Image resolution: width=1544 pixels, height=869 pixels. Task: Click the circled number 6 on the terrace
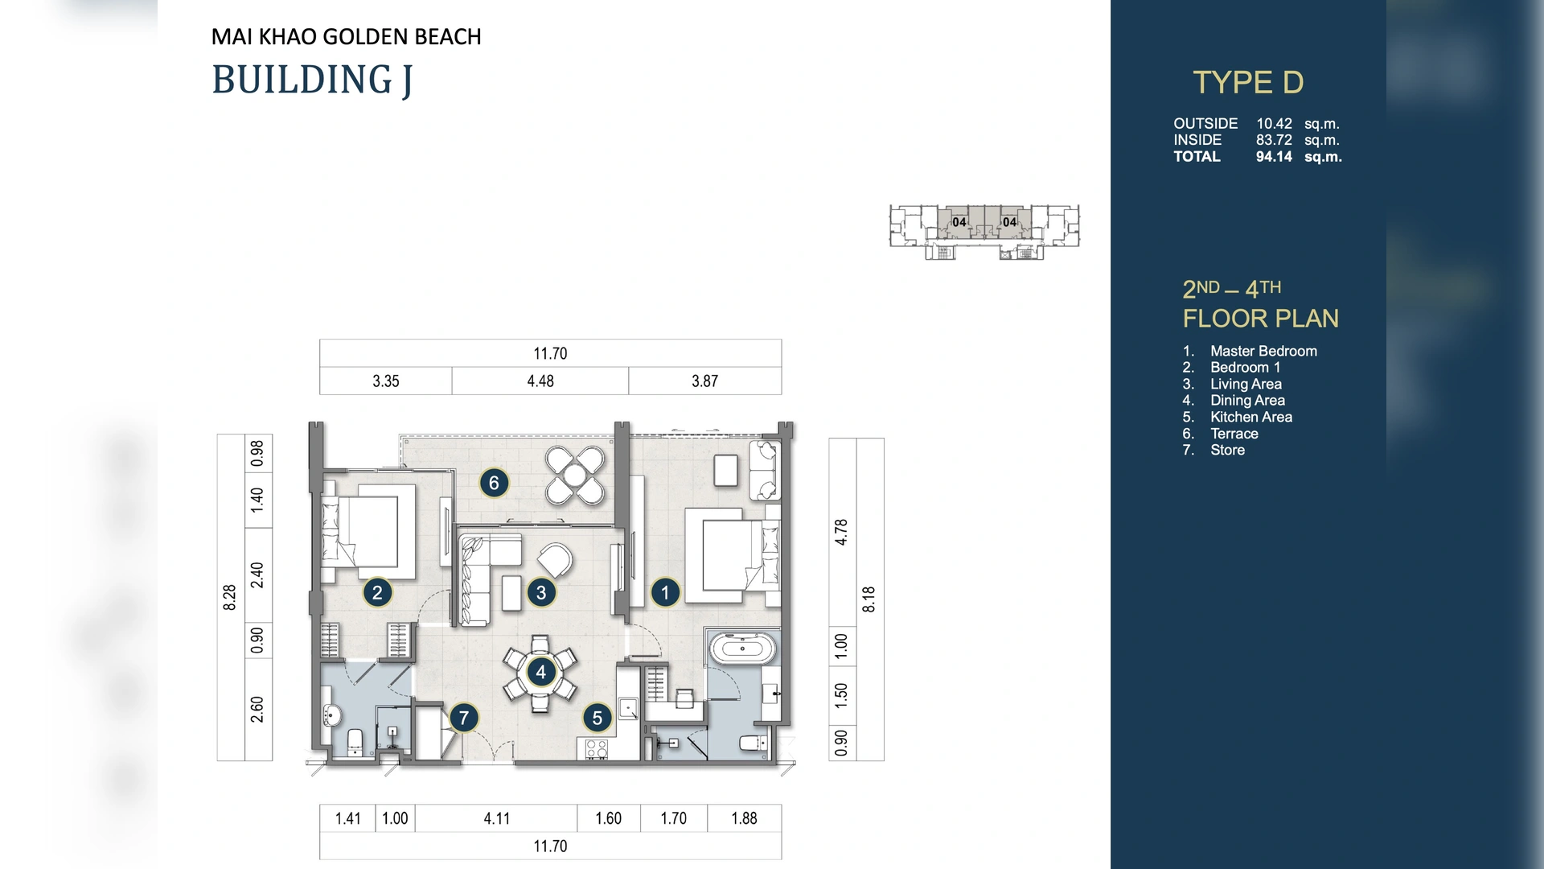[x=494, y=483]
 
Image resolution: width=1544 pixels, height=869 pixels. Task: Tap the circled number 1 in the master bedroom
[x=664, y=593]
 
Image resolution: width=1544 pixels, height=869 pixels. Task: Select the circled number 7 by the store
[x=463, y=718]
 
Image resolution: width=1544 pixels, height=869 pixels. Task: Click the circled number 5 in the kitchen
[x=597, y=719]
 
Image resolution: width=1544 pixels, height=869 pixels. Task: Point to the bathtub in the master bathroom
[x=742, y=648]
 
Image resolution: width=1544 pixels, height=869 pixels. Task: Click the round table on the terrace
[x=574, y=476]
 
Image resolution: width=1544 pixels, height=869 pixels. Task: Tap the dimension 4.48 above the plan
[x=540, y=381]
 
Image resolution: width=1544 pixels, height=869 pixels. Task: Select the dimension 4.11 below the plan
[x=496, y=818]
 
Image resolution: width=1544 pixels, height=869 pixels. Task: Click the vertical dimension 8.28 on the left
[x=230, y=597]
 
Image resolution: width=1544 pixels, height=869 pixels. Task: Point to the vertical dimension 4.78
[x=841, y=532]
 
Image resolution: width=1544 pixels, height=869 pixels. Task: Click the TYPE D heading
[x=1247, y=82]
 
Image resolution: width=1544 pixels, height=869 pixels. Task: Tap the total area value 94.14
[x=1274, y=157]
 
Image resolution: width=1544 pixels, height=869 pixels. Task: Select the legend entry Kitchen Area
[x=1250, y=417]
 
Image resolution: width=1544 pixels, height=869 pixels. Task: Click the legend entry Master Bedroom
[x=1263, y=351]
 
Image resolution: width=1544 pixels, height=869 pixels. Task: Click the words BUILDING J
[x=312, y=80]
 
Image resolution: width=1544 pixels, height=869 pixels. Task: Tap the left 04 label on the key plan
[x=959, y=222]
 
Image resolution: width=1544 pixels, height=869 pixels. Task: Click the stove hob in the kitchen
[x=596, y=749]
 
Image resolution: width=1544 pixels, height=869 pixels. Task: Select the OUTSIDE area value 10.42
[x=1274, y=124]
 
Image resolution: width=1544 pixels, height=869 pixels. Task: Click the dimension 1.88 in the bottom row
[x=744, y=818]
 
